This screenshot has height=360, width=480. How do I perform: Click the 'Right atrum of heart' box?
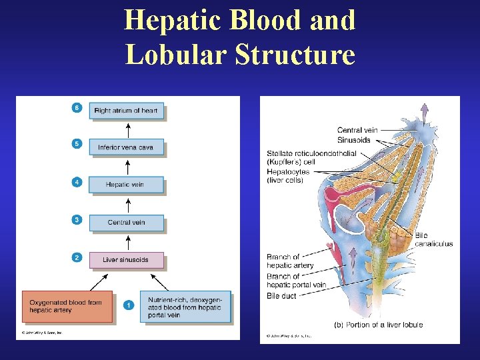[x=126, y=111]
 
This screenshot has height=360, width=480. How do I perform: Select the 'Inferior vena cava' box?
[x=126, y=147]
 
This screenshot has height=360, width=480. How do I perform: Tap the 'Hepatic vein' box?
[x=126, y=185]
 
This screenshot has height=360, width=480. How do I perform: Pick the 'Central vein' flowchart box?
[x=126, y=222]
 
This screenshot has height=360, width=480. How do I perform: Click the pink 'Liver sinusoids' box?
[x=126, y=259]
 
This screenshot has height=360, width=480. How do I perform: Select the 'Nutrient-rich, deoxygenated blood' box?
[x=185, y=307]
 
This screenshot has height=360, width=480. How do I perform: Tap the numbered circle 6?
[x=77, y=108]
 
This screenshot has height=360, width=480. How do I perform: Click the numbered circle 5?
[x=77, y=144]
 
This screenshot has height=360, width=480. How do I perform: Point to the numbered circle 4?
[x=77, y=181]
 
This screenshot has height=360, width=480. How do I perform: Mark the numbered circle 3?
[x=77, y=219]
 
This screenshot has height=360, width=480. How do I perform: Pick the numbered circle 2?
[x=77, y=257]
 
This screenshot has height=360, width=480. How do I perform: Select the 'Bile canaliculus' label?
[x=433, y=239]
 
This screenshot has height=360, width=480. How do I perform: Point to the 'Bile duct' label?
[x=282, y=295]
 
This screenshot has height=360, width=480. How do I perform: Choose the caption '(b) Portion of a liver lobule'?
[x=378, y=325]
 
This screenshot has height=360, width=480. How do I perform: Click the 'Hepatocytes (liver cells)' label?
[x=289, y=176]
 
